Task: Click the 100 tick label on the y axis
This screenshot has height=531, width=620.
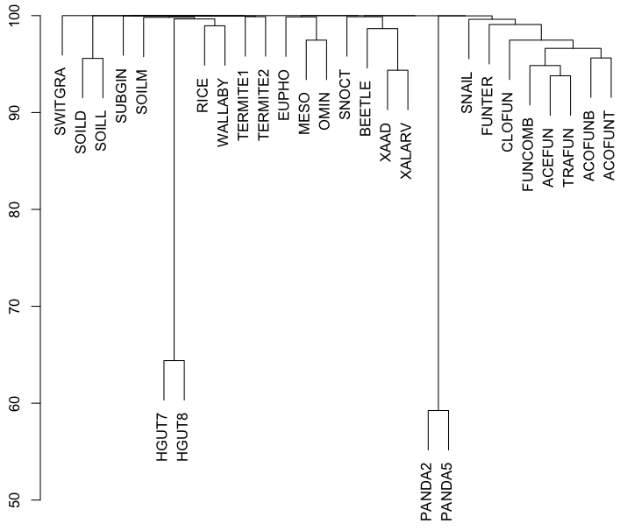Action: (22, 16)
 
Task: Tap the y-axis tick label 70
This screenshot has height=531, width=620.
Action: (22, 307)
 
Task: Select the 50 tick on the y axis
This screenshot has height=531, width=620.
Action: (22, 500)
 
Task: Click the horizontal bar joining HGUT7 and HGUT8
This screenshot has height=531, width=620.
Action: (175, 361)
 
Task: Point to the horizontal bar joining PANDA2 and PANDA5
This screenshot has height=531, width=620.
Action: (438, 410)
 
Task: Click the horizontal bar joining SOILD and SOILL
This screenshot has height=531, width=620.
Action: (92, 59)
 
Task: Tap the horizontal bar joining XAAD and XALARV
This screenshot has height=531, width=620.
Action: (397, 71)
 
